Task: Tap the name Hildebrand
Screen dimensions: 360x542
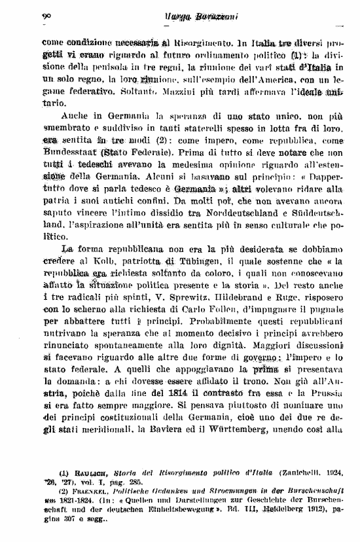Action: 236,298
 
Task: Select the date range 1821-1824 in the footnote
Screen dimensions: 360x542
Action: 69,498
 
